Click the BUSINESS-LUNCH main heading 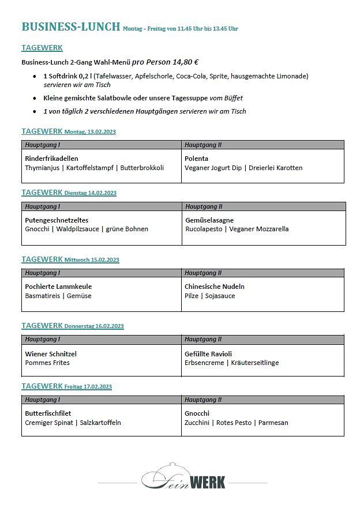[70, 27]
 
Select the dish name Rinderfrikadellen [51, 159]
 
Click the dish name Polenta [196, 159]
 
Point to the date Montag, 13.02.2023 [90, 132]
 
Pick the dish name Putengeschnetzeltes [57, 220]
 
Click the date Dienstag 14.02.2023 [90, 193]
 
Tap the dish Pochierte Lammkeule [58, 287]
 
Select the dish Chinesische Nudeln [214, 287]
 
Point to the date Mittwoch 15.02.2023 [92, 260]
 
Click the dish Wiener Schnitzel [51, 354]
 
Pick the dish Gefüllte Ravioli [208, 354]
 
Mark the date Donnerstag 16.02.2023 [94, 326]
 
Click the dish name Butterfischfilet [48, 413]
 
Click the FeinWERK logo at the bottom [183, 477]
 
